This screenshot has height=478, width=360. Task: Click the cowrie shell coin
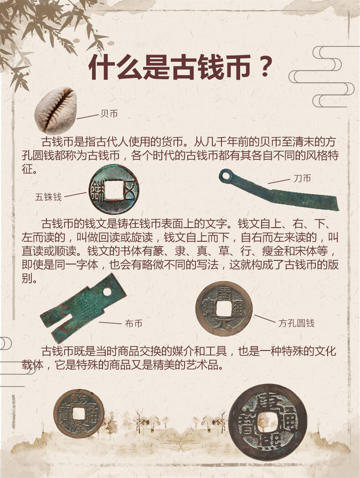point(56,110)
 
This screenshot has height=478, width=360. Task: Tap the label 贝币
point(109,114)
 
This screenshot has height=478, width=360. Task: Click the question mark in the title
point(265,66)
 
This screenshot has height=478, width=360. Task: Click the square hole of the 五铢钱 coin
point(113,190)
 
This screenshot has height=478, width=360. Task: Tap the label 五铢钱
point(48,197)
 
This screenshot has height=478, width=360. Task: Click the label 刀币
point(302,178)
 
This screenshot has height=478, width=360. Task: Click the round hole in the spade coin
point(107,292)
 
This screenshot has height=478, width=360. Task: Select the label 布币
point(134,323)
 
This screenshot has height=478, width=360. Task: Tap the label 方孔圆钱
point(296,323)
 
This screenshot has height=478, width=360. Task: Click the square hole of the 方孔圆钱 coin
point(224,309)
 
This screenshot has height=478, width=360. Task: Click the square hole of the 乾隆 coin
point(79,413)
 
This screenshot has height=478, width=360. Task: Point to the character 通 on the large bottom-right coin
point(288,422)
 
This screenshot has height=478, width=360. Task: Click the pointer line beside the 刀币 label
point(279,181)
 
